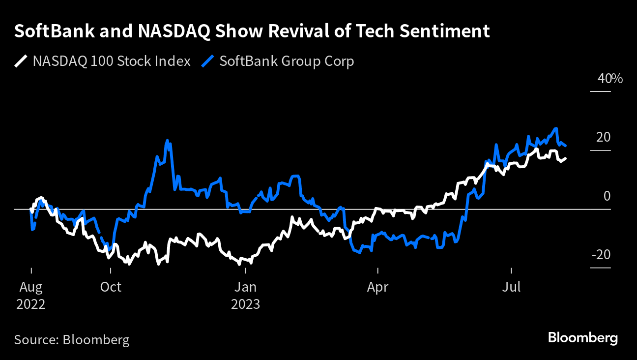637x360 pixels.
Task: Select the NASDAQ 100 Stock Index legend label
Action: pos(112,61)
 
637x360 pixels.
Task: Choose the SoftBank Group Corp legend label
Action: pos(287,61)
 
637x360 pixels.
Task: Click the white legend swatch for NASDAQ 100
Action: pos(21,61)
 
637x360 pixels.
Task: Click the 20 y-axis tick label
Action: pos(603,137)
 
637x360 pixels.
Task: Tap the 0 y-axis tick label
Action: pos(607,196)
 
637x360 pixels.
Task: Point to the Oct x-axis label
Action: pos(111,287)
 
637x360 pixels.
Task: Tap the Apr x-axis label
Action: pos(377,287)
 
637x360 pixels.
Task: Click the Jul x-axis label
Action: pos(512,287)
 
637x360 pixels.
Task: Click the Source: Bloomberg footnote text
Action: pos(72,340)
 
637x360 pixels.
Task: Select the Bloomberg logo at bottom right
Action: pos(583,338)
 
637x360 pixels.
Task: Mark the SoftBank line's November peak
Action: pos(167,141)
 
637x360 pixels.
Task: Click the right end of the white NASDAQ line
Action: pos(565,158)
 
